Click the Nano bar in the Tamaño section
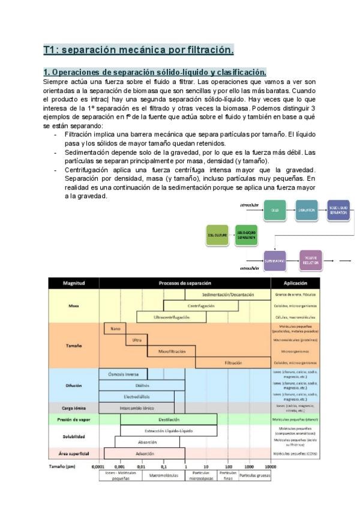pos(115,329)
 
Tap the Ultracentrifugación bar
pos(172,316)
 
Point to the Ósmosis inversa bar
pos(123,374)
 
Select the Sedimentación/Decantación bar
pos(228,295)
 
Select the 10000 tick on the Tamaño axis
pos(271,466)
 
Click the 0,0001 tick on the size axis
pos(98,466)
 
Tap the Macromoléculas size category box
pos(163,476)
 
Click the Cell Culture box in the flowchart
pos(217,236)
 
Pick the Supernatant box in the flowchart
pos(275,261)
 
